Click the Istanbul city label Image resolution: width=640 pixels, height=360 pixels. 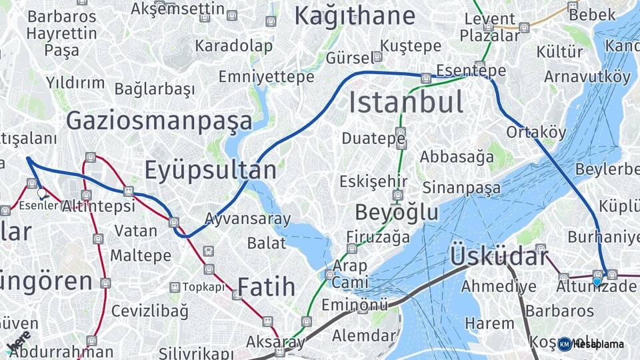point(406,103)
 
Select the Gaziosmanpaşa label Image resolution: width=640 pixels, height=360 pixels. point(159,121)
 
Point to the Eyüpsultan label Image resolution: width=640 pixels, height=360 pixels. point(210,170)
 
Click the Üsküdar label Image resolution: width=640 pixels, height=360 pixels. point(499,255)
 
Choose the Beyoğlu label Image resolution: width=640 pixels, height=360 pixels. point(397,212)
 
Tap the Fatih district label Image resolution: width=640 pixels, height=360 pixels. point(266,287)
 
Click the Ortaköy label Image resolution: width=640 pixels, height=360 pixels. point(535,132)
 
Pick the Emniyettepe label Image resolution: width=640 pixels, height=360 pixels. point(266,77)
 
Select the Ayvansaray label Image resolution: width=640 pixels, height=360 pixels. point(247,219)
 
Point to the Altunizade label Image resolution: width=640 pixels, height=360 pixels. point(597,287)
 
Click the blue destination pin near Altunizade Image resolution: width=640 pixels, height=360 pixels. point(597,281)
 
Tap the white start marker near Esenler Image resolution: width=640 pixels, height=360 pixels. point(42,193)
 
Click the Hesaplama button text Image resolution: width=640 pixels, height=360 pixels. point(598,344)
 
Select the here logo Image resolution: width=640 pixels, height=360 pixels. point(18,342)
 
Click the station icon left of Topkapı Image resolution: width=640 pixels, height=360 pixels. point(175,287)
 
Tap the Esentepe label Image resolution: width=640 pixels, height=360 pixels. point(471,71)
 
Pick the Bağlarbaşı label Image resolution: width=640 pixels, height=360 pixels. point(155,89)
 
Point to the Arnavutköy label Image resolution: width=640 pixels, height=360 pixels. point(587,76)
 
